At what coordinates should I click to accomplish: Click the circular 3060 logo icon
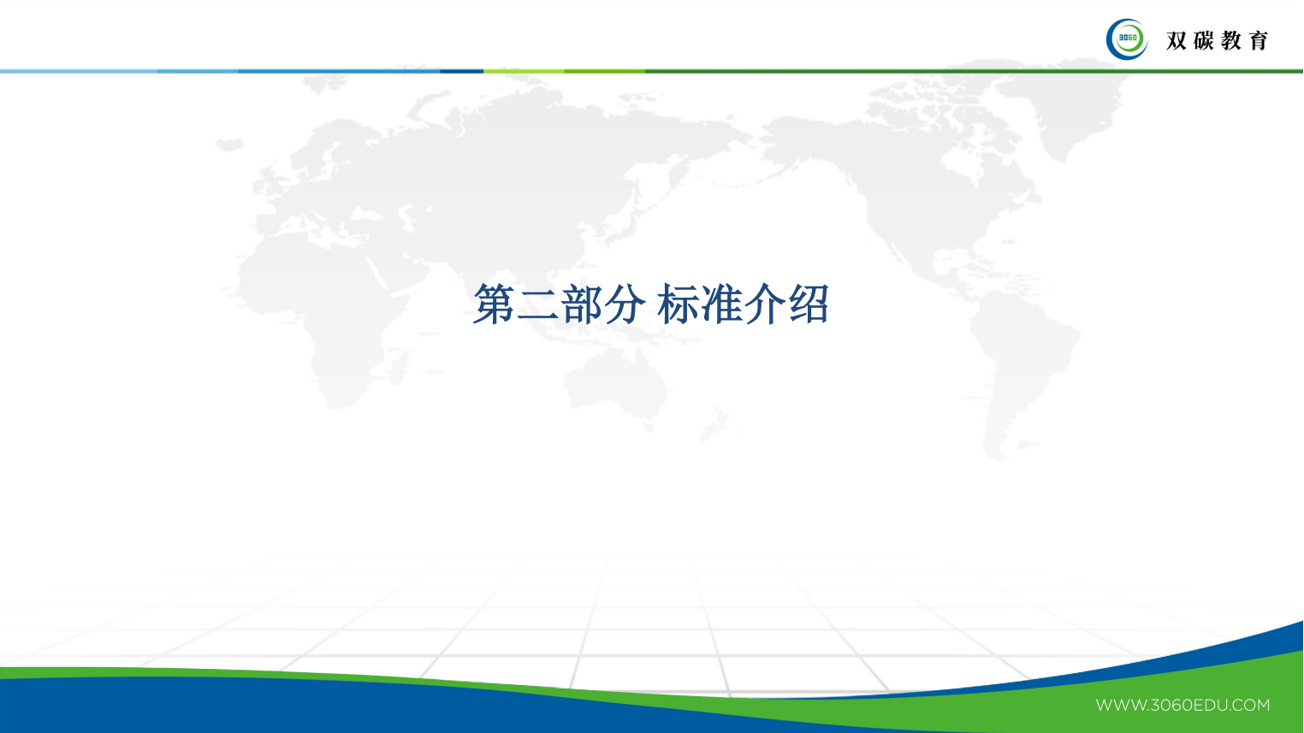[x=1127, y=39]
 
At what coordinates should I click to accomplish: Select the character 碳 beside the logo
[x=1203, y=40]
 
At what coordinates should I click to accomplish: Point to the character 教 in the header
[x=1231, y=40]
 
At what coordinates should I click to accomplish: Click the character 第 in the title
[x=494, y=304]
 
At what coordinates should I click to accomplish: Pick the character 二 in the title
[x=538, y=305]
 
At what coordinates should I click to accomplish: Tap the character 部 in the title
[x=583, y=304]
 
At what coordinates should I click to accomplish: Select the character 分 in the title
[x=625, y=304]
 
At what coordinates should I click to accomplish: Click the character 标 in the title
[x=679, y=304]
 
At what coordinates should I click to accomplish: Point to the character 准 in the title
[x=720, y=304]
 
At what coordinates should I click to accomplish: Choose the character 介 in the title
[x=764, y=304]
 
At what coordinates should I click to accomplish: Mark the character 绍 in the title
[x=809, y=304]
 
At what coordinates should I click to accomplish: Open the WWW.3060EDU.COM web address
[x=1182, y=706]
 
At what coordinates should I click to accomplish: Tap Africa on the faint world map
[x=334, y=325]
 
